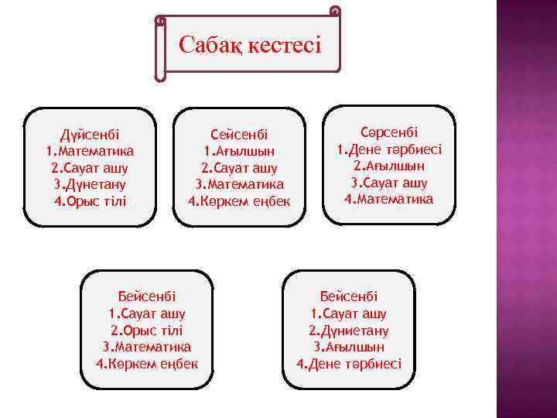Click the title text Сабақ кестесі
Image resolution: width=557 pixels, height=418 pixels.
pyautogui.click(x=249, y=43)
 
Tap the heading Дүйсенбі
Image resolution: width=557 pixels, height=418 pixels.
pyautogui.click(x=90, y=133)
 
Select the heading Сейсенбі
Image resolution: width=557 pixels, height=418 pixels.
pyautogui.click(x=239, y=133)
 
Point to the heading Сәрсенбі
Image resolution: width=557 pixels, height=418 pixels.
pyautogui.click(x=389, y=132)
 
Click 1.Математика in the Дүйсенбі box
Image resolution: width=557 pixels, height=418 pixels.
pyautogui.click(x=90, y=150)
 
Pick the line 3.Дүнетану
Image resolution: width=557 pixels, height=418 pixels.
pyautogui.click(x=90, y=184)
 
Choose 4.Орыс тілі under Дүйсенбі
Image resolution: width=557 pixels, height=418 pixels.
pyautogui.click(x=90, y=201)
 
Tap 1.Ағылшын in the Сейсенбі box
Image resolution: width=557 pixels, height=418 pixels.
pyautogui.click(x=239, y=150)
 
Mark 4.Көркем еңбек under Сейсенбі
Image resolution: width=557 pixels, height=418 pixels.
pyautogui.click(x=239, y=201)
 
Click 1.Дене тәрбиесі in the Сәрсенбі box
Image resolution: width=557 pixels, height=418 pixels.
pyautogui.click(x=389, y=149)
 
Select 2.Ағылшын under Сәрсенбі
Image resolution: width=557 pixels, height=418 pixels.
pyautogui.click(x=389, y=166)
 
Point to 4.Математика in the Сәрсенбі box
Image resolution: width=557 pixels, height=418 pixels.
pyautogui.click(x=389, y=200)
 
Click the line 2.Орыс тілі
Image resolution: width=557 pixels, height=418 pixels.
pyautogui.click(x=147, y=330)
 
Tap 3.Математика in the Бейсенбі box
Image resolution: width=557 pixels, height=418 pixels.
pyautogui.click(x=147, y=347)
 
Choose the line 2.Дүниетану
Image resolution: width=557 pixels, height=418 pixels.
pyautogui.click(x=349, y=330)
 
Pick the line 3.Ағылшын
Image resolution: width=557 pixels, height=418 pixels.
pyautogui.click(x=349, y=347)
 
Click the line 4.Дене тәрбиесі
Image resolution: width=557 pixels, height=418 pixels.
pyautogui.click(x=349, y=364)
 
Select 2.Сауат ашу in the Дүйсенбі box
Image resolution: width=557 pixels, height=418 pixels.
pyautogui.click(x=90, y=167)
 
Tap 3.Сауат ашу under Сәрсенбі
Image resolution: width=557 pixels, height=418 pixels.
pyautogui.click(x=389, y=183)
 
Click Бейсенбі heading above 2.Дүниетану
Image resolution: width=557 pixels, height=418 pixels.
pyautogui.click(x=349, y=296)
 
